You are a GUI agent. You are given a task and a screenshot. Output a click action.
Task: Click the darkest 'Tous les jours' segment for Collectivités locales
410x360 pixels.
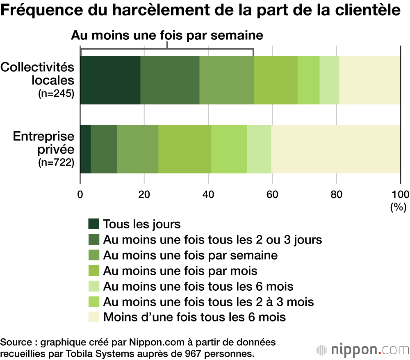[110, 80]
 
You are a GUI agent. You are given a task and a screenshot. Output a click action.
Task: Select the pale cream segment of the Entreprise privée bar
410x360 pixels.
[335, 149]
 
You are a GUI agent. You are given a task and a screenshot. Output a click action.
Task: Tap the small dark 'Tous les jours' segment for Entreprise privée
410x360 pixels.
[85, 149]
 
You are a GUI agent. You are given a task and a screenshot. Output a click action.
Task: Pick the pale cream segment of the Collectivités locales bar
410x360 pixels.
[369, 80]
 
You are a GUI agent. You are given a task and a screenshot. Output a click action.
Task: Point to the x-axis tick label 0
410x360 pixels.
[80, 194]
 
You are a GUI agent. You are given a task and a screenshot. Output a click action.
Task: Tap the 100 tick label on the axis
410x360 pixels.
[400, 194]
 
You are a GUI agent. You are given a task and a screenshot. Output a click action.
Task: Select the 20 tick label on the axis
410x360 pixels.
[144, 194]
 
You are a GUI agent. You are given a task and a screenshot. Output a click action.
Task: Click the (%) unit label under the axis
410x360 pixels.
[398, 207]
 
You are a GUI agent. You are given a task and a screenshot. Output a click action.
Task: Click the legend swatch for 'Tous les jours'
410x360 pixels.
[94, 224]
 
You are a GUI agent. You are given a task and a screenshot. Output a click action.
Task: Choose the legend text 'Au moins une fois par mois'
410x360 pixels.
[180, 271]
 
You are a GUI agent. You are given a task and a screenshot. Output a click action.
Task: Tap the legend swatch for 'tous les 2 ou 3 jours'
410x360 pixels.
[94, 240]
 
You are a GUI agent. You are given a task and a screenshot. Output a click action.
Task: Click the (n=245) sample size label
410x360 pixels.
[56, 94]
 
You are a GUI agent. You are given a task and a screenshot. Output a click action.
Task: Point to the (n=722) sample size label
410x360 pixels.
[56, 163]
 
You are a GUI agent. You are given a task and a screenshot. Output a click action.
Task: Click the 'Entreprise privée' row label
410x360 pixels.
[43, 142]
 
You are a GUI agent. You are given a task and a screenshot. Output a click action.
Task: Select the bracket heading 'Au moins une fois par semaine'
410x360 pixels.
[167, 35]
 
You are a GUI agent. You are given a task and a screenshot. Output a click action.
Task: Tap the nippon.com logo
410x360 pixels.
[362, 349]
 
